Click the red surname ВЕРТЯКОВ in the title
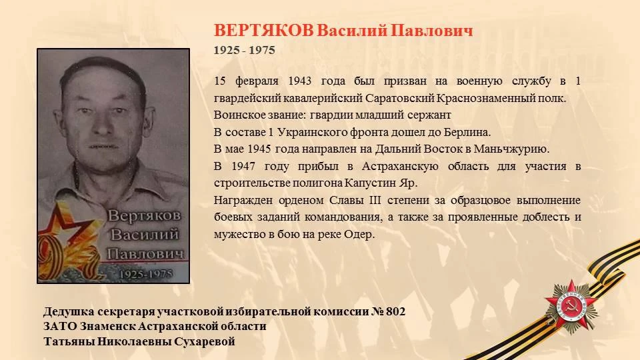coord(264,31)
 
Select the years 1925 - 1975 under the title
coord(245,50)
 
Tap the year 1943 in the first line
coord(299,81)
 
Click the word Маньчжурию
coord(511,149)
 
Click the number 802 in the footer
coord(395,312)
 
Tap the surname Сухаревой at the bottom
coord(205,341)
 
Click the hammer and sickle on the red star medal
coord(571,307)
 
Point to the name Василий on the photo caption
coord(145,235)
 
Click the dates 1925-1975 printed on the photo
coord(146,273)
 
